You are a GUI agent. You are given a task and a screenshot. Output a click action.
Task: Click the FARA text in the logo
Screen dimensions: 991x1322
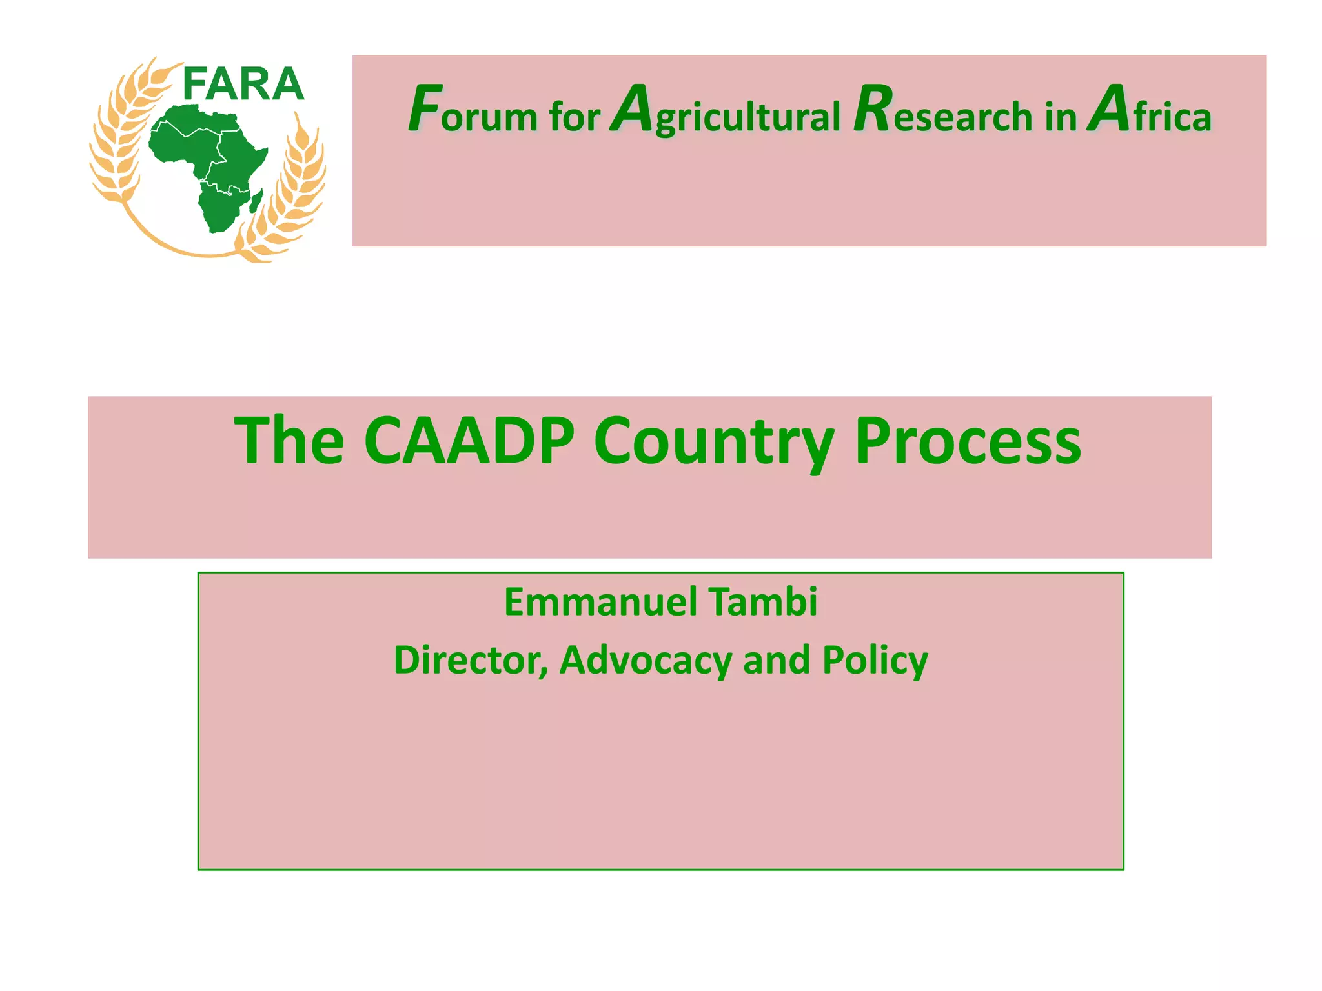243,85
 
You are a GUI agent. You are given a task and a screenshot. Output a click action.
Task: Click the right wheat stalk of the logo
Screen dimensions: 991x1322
290,194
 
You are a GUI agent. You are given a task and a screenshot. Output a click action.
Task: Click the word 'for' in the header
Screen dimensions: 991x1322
575,117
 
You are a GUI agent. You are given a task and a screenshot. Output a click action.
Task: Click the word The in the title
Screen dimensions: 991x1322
289,441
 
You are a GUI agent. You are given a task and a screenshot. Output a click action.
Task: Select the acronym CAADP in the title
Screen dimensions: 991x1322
469,441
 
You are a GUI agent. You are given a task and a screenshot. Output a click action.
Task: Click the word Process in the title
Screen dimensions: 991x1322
968,441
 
